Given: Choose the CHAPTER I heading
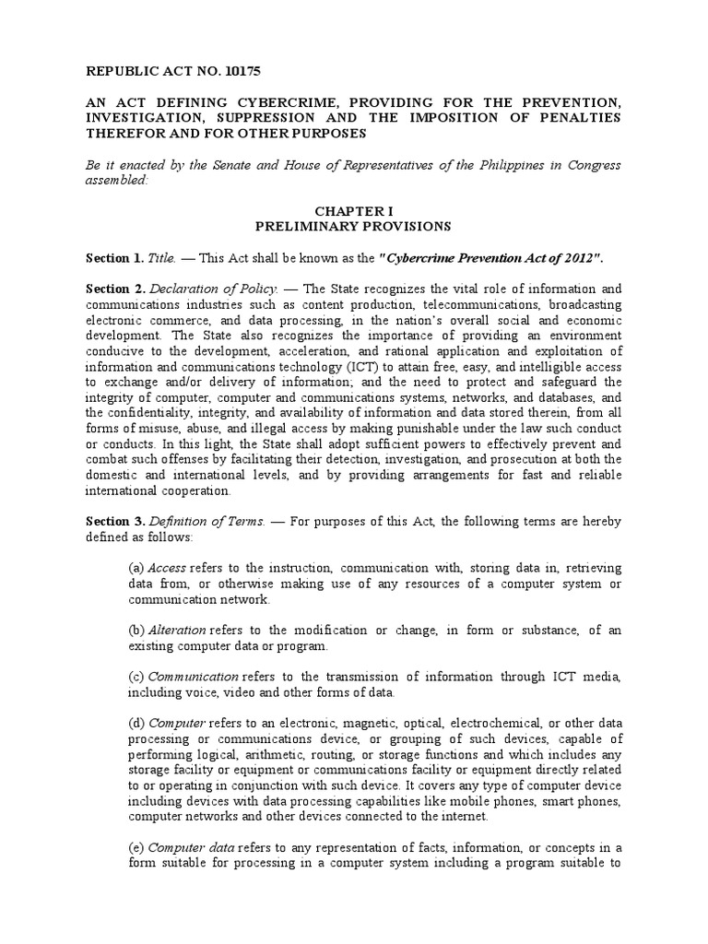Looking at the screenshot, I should click(353, 211).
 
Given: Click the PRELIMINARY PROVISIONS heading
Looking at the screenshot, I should click(353, 226).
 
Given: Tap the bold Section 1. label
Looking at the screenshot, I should click(114, 257).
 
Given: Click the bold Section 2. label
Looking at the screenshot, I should click(114, 289).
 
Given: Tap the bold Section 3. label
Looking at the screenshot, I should click(114, 521).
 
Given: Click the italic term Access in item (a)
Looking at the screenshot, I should click(166, 568).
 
